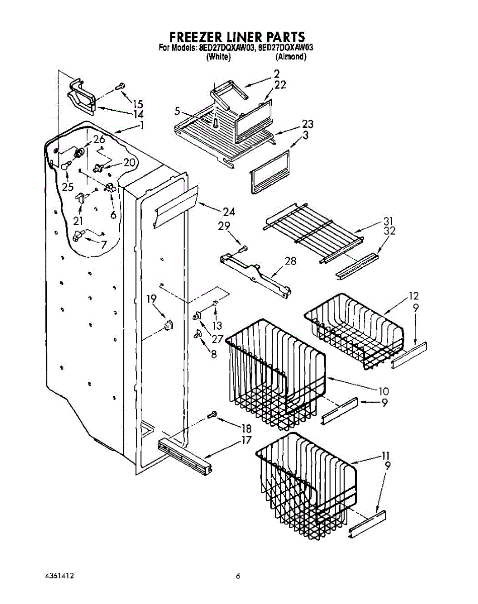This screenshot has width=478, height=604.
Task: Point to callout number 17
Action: point(246,439)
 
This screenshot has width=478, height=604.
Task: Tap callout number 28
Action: point(290,261)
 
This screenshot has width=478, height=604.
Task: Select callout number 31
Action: point(387,221)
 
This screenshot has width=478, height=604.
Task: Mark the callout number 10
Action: point(384,390)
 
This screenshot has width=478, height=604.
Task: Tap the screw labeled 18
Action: point(212,415)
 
